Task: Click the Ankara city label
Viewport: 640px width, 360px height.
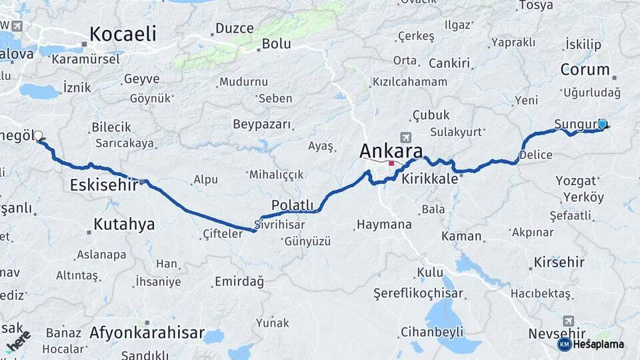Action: (x=391, y=149)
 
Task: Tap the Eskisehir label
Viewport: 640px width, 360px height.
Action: (x=103, y=185)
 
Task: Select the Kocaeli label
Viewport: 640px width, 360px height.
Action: (x=123, y=34)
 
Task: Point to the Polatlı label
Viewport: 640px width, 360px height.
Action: (x=292, y=205)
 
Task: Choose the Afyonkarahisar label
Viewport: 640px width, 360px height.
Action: (x=147, y=332)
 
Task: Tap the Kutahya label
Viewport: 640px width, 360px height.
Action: (x=125, y=224)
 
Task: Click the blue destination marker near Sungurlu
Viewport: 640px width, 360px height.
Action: (x=603, y=123)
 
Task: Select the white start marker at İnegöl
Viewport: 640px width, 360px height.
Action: (x=38, y=135)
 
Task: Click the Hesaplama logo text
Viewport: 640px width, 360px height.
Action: (x=598, y=344)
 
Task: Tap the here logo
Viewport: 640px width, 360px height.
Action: (x=19, y=341)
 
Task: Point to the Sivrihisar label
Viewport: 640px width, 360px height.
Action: (x=279, y=225)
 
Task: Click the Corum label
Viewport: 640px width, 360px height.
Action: (x=585, y=69)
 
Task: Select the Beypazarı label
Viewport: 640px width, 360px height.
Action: (x=262, y=125)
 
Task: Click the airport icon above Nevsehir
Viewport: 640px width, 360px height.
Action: (x=568, y=321)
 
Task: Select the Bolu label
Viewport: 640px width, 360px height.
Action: (x=277, y=44)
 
